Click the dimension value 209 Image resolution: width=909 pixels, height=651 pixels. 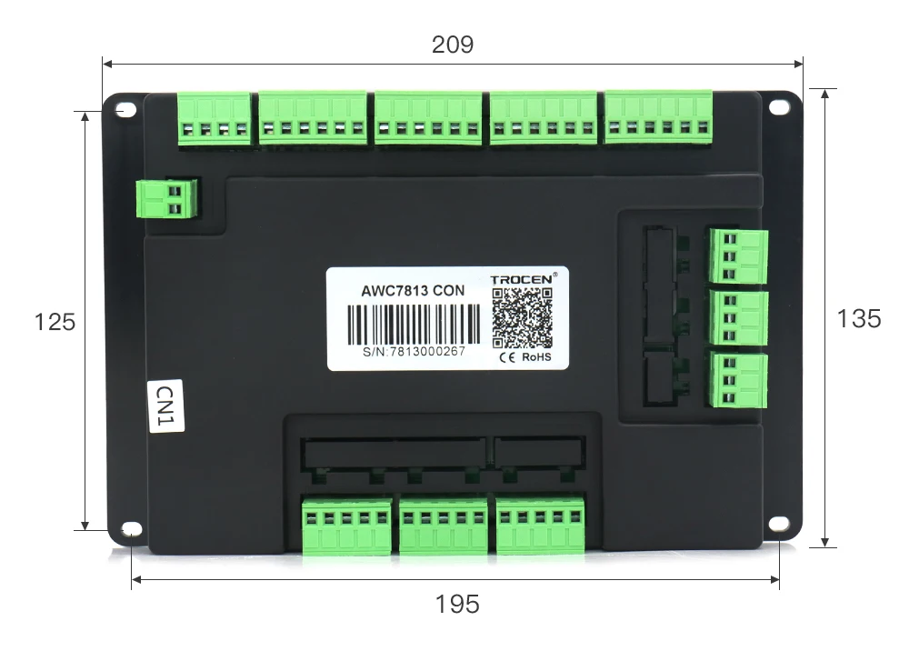click(453, 45)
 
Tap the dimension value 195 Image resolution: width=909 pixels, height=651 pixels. click(456, 603)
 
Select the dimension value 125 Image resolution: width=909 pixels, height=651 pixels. click(55, 322)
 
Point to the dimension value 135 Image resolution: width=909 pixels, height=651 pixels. click(858, 318)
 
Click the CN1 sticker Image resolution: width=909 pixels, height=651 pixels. click(165, 406)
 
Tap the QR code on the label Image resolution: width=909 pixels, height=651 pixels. click(523, 317)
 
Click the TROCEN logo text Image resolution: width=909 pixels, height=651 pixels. click(523, 280)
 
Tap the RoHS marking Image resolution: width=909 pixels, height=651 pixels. click(535, 357)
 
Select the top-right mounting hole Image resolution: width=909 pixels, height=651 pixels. click(778, 106)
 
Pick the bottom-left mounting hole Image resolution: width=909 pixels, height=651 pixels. click(132, 529)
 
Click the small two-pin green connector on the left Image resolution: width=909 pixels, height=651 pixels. click(166, 199)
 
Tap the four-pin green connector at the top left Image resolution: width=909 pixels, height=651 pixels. click(215, 119)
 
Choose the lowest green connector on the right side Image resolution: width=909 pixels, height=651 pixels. click(738, 381)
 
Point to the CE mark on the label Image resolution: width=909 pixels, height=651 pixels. click(507, 357)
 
